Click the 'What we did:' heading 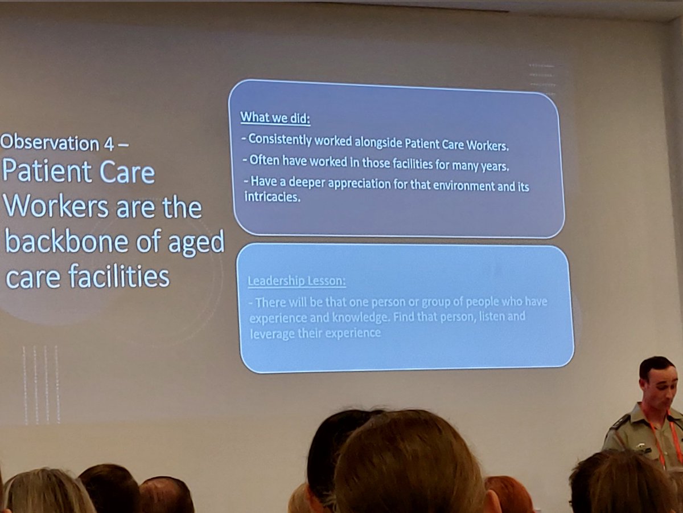(x=278, y=118)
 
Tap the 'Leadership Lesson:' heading (x=296, y=281)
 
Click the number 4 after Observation (x=107, y=143)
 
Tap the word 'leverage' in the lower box (x=270, y=333)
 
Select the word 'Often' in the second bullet (x=264, y=160)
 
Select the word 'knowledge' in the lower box (x=338, y=317)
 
